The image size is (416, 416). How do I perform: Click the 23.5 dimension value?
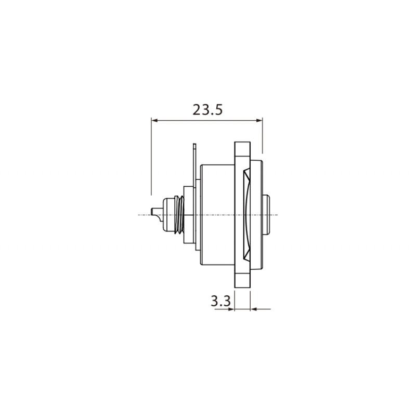click(207, 110)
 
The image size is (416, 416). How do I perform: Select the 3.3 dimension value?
click(220, 301)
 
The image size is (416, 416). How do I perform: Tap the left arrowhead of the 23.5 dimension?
click(154, 121)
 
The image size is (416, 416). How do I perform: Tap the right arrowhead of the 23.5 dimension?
click(259, 121)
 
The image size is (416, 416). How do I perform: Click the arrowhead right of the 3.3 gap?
click(254, 309)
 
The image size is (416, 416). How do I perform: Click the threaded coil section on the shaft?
click(178, 214)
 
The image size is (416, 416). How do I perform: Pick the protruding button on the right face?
click(268, 214)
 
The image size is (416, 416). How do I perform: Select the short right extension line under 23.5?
click(263, 138)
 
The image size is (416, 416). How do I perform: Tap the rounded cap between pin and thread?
click(166, 214)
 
